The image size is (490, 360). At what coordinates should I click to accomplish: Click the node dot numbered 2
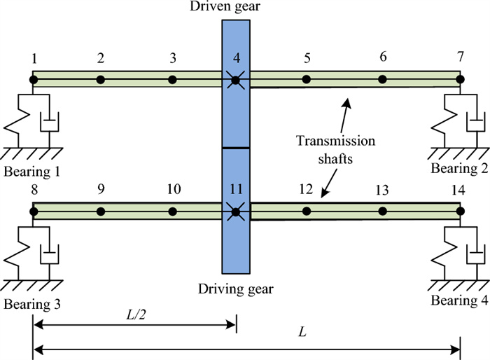(101, 79)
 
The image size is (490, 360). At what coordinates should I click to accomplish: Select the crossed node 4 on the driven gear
(236, 80)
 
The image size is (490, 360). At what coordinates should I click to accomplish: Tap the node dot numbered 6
(382, 79)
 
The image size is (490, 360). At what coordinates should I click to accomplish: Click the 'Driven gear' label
(236, 8)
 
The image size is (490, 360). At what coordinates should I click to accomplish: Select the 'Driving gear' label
(236, 287)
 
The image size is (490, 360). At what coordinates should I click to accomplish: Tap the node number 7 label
(460, 56)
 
